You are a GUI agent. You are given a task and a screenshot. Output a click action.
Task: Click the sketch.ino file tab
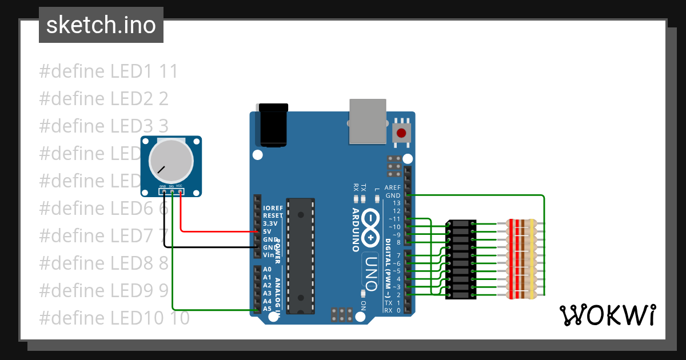tap(101, 25)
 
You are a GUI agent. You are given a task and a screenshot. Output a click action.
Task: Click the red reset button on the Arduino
tap(401, 133)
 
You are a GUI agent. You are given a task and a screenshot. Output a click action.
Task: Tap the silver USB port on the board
tap(367, 121)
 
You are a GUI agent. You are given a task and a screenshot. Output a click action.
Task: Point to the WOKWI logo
tap(607, 315)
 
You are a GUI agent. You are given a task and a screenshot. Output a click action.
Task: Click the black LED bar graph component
tap(461, 259)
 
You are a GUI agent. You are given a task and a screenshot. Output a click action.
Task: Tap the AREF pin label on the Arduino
tap(393, 187)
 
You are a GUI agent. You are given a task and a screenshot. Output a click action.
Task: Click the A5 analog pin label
tap(267, 309)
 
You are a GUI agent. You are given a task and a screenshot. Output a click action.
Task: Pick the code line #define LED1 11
tap(109, 71)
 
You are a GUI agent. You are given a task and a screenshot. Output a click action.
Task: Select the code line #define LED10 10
tap(114, 317)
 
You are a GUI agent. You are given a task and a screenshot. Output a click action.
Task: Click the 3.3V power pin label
tap(270, 223)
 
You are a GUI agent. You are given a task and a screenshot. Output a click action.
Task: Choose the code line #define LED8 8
tap(103, 263)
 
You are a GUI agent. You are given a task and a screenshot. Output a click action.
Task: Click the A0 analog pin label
tap(267, 269)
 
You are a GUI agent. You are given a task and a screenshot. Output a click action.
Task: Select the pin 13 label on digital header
tap(396, 203)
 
